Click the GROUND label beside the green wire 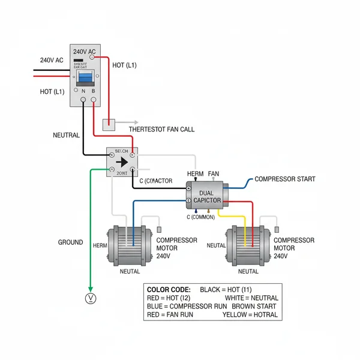pyautogui.click(x=70, y=242)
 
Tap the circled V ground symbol pyautogui.click(x=91, y=298)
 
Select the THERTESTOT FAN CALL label pyautogui.click(x=161, y=129)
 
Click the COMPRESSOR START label pyautogui.click(x=284, y=179)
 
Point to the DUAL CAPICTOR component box pyautogui.click(x=207, y=196)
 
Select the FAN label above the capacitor pyautogui.click(x=214, y=173)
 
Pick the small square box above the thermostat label pyautogui.click(x=109, y=124)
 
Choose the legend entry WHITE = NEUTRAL pyautogui.click(x=251, y=298)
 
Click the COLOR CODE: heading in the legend pyautogui.click(x=169, y=289)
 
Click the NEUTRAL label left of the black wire pyautogui.click(x=66, y=136)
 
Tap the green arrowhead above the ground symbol pyautogui.click(x=91, y=286)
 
